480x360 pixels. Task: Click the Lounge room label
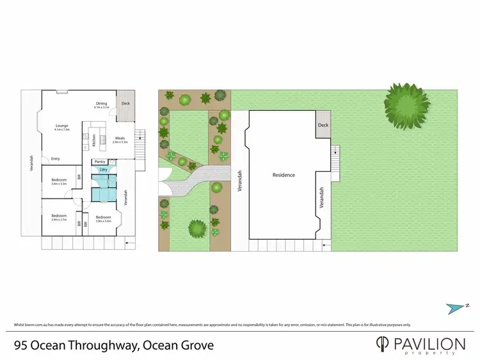pyautogui.click(x=61, y=126)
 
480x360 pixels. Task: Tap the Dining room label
pyautogui.click(x=101, y=103)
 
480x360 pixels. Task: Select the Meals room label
pyautogui.click(x=120, y=138)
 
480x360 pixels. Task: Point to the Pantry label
pyautogui.click(x=100, y=161)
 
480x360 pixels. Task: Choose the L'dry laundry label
pyautogui.click(x=102, y=169)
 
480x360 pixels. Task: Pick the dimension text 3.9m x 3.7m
pyautogui.click(x=59, y=219)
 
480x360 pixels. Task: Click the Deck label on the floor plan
pyautogui.click(x=125, y=103)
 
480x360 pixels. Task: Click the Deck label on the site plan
pyautogui.click(x=323, y=126)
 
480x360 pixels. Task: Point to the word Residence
pyautogui.click(x=284, y=175)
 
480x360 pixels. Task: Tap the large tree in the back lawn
pyautogui.click(x=406, y=102)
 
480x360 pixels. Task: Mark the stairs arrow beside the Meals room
pyautogui.click(x=141, y=138)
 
